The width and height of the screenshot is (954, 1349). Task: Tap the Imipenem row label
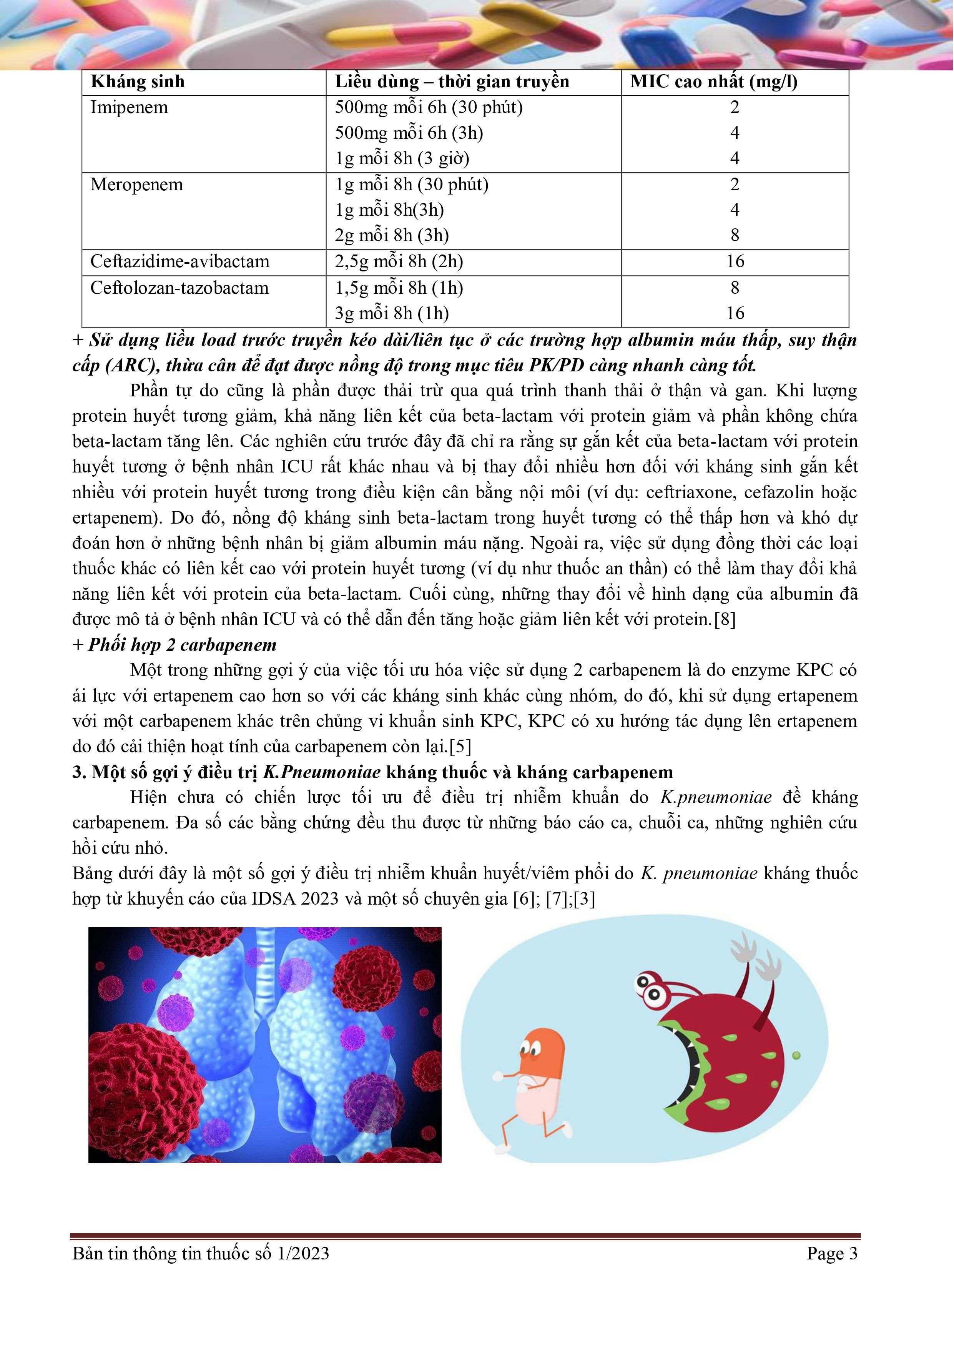tap(129, 108)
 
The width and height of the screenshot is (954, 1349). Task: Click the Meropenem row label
tap(137, 185)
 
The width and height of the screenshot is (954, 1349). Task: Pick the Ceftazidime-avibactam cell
tap(180, 261)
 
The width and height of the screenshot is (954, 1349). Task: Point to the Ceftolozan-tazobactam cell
tap(179, 288)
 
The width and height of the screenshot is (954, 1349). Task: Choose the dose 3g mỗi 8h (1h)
tap(392, 313)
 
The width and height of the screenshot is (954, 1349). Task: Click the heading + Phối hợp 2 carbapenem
tap(175, 645)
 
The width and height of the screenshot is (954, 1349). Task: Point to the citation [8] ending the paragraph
tap(724, 620)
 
